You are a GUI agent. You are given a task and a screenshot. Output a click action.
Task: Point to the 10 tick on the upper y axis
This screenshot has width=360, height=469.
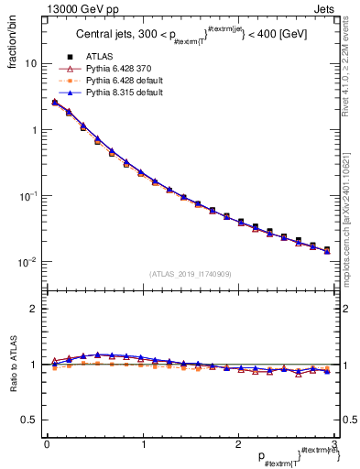pyautogui.click(x=29, y=64)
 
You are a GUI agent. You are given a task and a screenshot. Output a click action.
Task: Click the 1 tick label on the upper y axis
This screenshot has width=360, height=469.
pyautogui.click(x=33, y=130)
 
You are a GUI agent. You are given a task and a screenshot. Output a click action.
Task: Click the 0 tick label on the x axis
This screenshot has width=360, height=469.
pyautogui.click(x=47, y=443)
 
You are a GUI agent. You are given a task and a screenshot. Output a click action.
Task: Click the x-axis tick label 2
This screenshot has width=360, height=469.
pyautogui.click(x=238, y=443)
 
